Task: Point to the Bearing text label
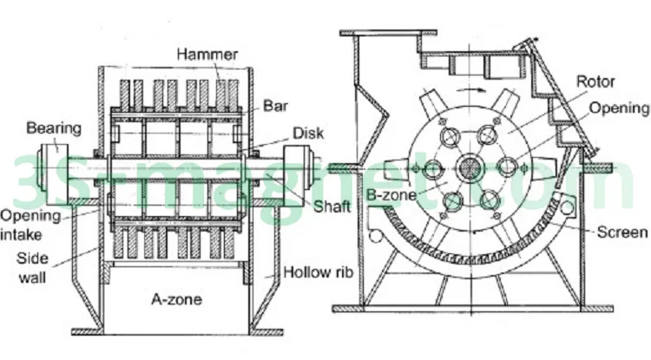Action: point(53,128)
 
